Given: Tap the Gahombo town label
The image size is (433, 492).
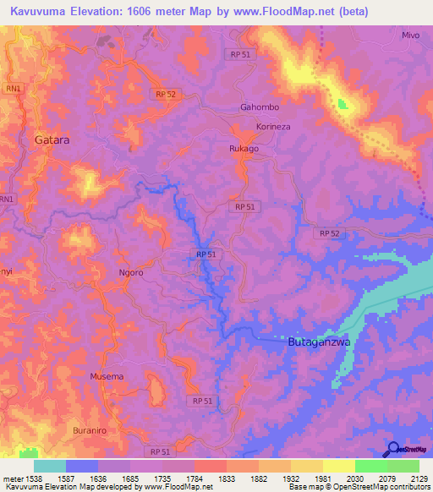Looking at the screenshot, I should point(260,107).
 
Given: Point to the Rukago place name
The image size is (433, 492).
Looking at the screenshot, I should point(244,148).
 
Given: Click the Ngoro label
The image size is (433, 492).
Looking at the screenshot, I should point(130,273).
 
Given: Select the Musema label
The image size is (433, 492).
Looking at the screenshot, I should point(107,375).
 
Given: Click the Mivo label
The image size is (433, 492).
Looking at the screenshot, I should point(411,36).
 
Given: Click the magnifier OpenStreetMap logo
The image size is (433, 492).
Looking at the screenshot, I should point(391,450).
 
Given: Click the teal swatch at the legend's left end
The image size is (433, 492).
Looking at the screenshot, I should point(49,466).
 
